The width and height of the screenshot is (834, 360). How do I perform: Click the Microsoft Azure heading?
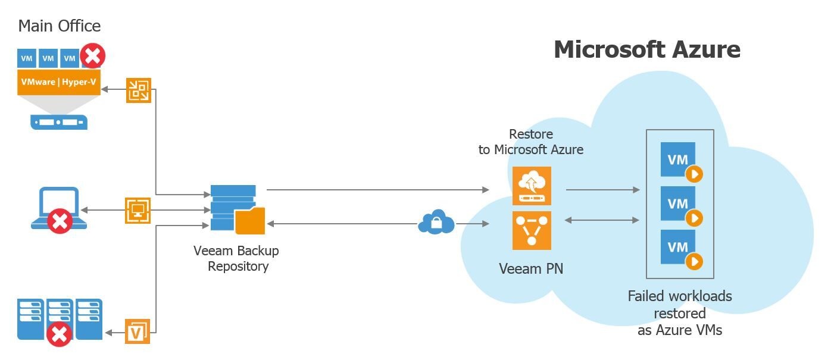[x=647, y=49]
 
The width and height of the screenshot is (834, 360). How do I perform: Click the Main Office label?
[x=60, y=26]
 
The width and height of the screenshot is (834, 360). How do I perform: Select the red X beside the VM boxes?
[x=93, y=57]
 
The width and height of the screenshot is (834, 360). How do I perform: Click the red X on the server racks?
[x=59, y=334]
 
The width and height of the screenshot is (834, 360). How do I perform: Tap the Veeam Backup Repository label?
[x=236, y=258]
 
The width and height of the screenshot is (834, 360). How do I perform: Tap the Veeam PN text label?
[x=531, y=269]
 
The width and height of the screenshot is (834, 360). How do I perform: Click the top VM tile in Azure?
[x=678, y=159]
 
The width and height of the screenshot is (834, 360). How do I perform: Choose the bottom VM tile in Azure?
[x=678, y=247]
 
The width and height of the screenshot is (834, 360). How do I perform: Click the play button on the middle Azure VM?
[x=694, y=218]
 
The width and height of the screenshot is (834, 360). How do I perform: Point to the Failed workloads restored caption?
[x=680, y=313]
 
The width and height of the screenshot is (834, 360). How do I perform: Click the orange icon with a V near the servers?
[x=138, y=331]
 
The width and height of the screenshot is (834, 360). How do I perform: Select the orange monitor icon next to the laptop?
[x=138, y=211]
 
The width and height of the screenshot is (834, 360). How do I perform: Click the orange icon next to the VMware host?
[x=139, y=90]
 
